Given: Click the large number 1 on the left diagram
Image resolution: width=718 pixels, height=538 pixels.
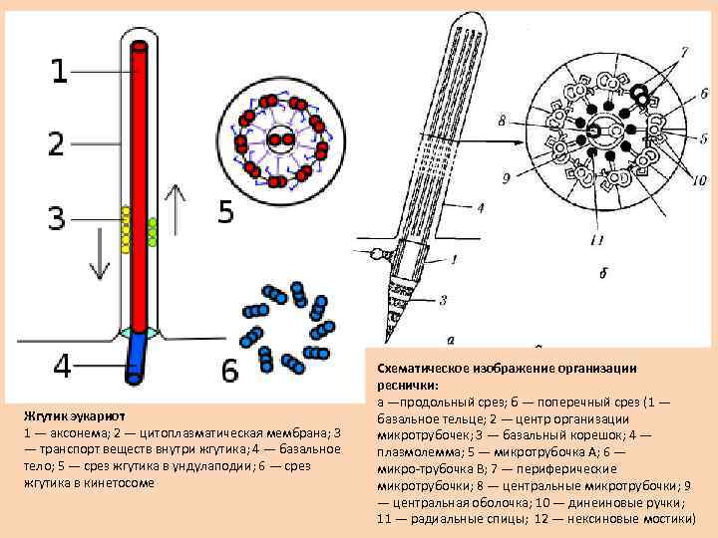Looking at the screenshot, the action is [x=61, y=70].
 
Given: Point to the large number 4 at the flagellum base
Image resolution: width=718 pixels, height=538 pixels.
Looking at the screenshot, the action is [x=61, y=366].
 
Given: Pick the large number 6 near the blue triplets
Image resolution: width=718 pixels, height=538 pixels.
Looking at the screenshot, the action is [x=230, y=371].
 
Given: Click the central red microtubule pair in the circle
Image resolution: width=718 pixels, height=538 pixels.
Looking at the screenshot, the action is [x=280, y=138].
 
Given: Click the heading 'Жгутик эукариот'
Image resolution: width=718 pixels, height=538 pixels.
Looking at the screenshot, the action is [x=74, y=415].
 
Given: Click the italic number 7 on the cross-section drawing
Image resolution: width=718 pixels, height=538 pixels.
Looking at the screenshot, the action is [x=683, y=50].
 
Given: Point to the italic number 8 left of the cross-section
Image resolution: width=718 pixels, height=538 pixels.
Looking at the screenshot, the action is [x=502, y=121].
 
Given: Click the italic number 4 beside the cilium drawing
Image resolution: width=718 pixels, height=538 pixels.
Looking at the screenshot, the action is [x=480, y=208].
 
